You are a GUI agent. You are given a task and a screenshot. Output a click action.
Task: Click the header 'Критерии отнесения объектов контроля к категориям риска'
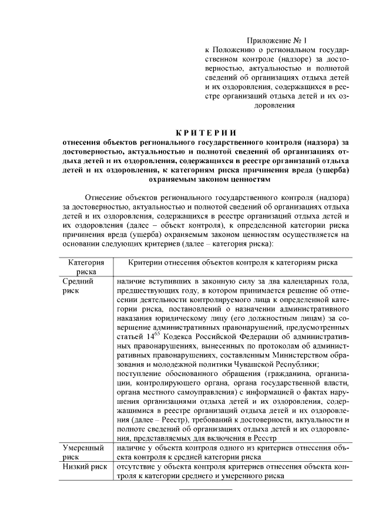232,265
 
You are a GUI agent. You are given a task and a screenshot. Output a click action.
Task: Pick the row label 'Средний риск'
76,286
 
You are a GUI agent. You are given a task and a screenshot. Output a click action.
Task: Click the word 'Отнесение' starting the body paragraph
111,197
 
